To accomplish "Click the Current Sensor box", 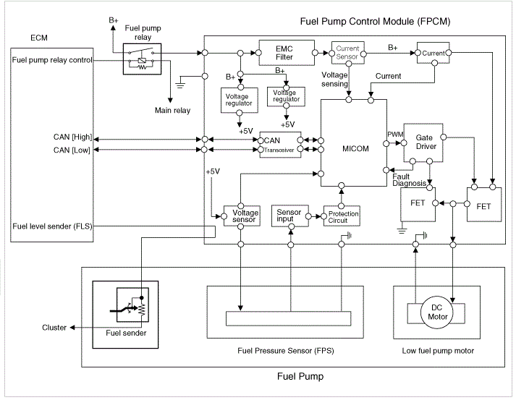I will click(348, 52).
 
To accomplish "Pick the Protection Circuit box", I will click(344, 216).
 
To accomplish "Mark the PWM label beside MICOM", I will click(395, 135).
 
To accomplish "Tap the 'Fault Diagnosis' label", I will click(410, 179).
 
